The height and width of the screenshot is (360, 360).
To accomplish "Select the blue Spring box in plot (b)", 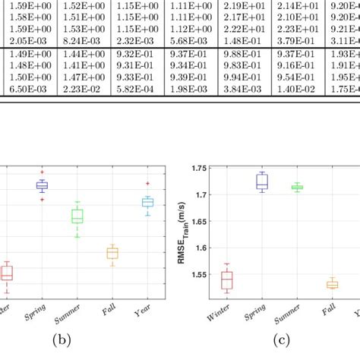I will [x=42, y=185].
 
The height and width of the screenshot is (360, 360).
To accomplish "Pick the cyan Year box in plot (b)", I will [x=147, y=202].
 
